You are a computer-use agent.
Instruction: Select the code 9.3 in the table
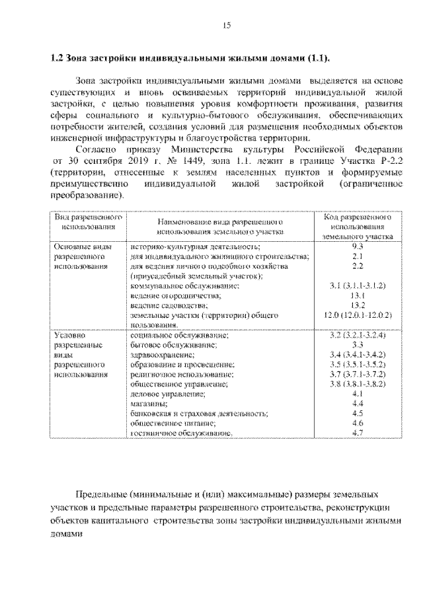(358, 246)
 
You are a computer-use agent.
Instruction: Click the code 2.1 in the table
(358, 256)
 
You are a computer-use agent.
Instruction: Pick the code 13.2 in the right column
(358, 305)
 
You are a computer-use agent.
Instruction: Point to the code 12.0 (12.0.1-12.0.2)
(358, 315)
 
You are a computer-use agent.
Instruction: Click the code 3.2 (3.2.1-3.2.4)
(358, 335)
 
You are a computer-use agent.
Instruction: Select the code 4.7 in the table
(358, 433)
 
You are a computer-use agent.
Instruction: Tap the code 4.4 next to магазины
(358, 404)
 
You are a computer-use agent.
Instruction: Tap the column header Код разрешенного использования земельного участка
(358, 225)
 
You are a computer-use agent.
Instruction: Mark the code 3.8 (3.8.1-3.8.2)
(358, 384)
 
